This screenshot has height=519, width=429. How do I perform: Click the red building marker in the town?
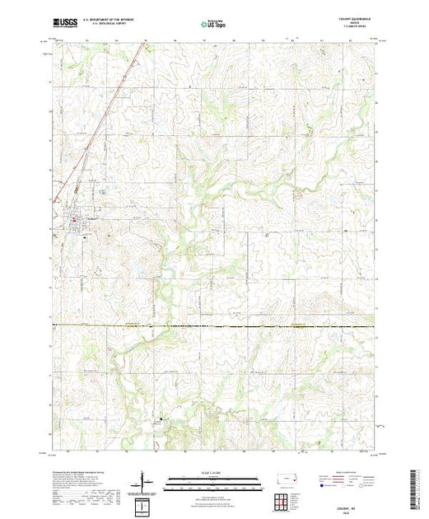pos(74,220)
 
